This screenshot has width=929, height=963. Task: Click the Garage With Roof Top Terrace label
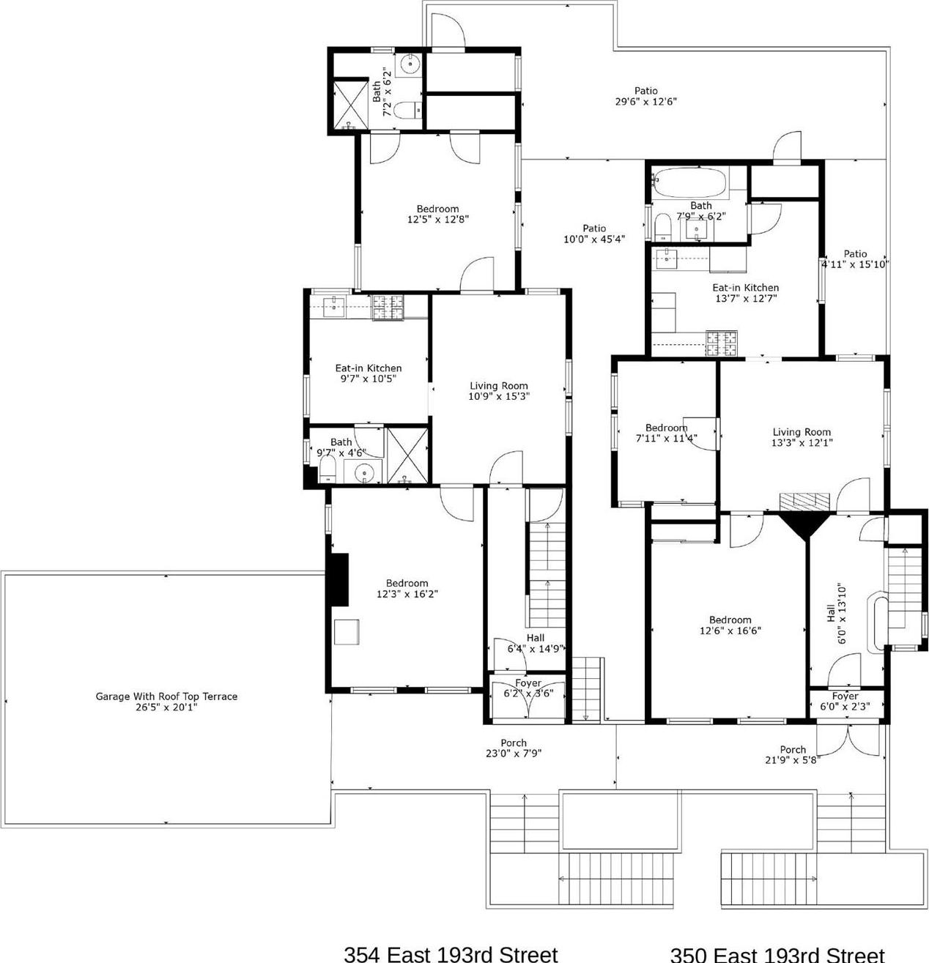[x=166, y=702]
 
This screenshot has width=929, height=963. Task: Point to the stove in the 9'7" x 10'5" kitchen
[x=388, y=308]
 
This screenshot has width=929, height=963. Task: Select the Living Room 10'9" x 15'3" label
[x=498, y=391]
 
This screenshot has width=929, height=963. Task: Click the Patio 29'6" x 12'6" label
[x=645, y=97]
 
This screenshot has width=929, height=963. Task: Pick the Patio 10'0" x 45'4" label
[x=594, y=234]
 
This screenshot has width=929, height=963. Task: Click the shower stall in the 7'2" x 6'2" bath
[x=349, y=105]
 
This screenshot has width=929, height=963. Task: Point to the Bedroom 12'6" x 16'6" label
[x=730, y=625]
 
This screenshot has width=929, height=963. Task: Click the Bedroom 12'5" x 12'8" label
[x=437, y=214]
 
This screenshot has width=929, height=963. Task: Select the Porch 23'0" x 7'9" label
[x=513, y=748]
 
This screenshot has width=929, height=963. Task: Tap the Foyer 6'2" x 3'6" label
[x=528, y=688]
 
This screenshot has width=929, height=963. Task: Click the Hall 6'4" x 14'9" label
[x=535, y=643]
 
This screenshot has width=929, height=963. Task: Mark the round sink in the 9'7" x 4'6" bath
[x=363, y=474]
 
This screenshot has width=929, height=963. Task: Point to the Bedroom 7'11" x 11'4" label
[x=666, y=433]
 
